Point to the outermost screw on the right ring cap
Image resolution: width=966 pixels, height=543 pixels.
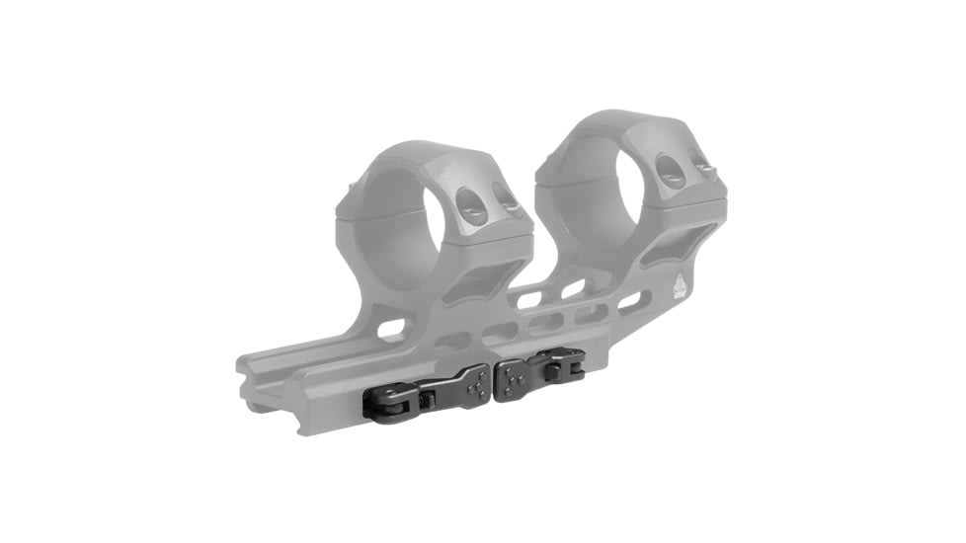(706, 170)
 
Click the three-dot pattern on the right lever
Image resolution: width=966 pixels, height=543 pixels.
(512, 374)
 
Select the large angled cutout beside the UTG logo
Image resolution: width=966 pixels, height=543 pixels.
(676, 247)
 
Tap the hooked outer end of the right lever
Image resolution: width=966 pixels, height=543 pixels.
(570, 362)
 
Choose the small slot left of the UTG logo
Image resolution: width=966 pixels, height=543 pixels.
(630, 299)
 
